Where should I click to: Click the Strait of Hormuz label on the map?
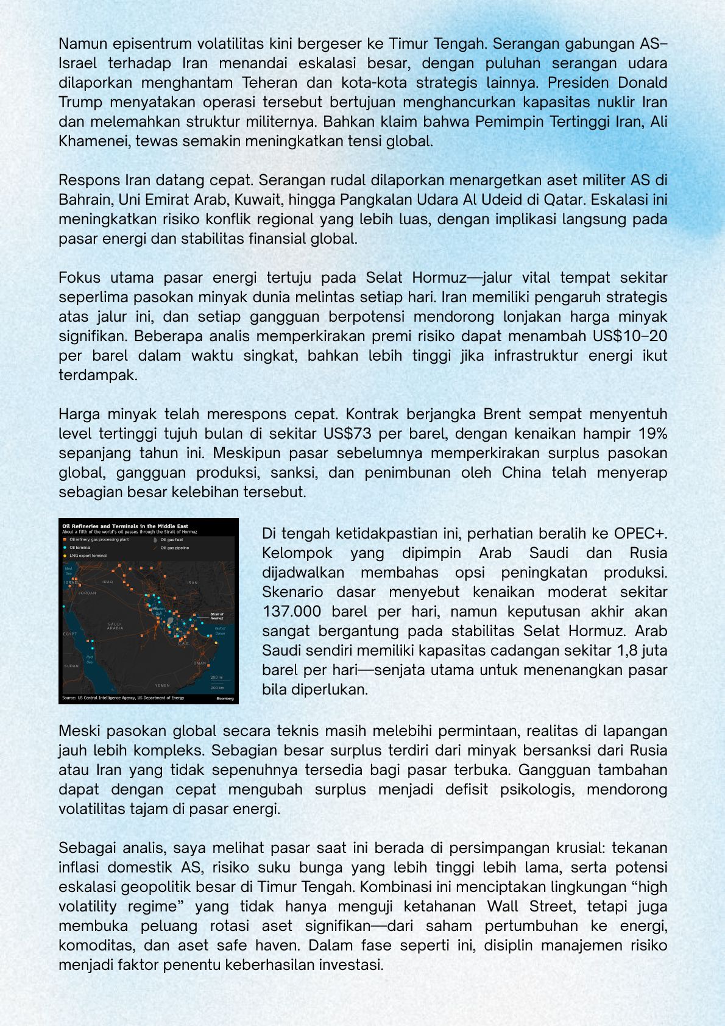217,616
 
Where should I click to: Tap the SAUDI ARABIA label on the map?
115,626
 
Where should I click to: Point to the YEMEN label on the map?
163,685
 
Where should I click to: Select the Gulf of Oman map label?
220,631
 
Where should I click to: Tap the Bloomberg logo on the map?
225,698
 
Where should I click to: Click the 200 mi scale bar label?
216,677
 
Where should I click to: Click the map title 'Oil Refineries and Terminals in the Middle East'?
125,526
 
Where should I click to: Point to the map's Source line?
122,698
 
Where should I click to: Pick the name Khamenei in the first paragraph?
94,141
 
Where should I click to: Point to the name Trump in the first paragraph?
80,102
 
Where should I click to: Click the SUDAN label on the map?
71,666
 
